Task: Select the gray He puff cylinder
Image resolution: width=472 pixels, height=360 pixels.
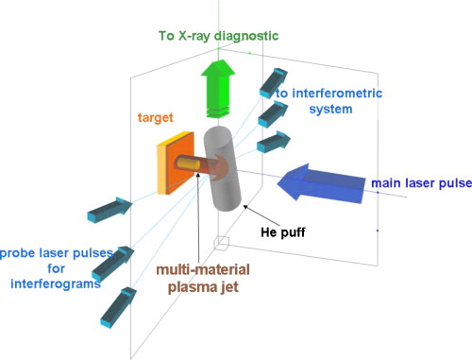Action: point(234,165)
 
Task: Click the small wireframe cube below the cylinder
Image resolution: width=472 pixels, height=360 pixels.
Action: point(222,243)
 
